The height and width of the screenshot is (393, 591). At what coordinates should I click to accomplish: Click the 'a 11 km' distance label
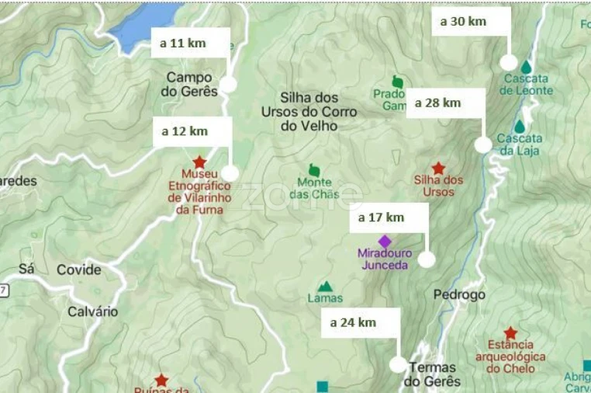(183, 43)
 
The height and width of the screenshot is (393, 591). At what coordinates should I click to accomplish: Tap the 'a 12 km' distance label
(185, 131)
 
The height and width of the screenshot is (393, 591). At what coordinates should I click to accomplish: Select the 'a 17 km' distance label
(381, 217)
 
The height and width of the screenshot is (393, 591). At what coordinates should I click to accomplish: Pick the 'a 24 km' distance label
(353, 322)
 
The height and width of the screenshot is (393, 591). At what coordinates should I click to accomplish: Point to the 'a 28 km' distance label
(438, 103)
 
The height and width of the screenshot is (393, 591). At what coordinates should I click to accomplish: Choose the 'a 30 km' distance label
(463, 22)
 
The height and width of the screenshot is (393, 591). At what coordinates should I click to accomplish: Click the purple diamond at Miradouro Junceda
(385, 241)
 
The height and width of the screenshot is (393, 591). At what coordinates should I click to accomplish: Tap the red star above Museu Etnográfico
(199, 162)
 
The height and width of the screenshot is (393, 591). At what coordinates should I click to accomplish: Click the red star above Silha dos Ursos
(438, 168)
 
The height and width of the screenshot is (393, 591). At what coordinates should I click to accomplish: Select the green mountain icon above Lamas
(325, 287)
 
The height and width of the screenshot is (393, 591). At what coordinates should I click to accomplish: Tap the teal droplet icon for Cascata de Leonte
(527, 67)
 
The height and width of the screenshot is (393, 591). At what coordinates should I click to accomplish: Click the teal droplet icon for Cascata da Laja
(520, 126)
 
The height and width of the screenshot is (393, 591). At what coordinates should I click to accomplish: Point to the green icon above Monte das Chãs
(314, 169)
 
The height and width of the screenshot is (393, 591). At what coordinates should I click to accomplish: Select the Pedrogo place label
(459, 295)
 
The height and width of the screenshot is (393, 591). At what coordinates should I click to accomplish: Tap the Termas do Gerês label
(432, 374)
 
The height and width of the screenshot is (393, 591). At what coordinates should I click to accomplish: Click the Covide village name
(78, 270)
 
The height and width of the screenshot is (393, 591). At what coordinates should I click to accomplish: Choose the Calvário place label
(92, 311)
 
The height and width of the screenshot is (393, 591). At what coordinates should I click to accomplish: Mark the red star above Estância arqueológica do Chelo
(510, 332)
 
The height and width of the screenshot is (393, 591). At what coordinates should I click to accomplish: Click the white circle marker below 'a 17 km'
(427, 259)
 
